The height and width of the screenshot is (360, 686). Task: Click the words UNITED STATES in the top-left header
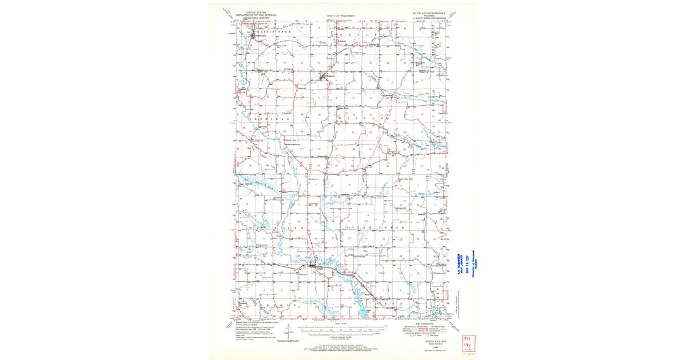tap(256, 11)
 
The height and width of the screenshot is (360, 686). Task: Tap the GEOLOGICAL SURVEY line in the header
tap(256, 18)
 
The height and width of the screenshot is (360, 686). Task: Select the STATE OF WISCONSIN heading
tap(341, 16)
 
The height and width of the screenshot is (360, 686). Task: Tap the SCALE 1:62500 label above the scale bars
tap(341, 323)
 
